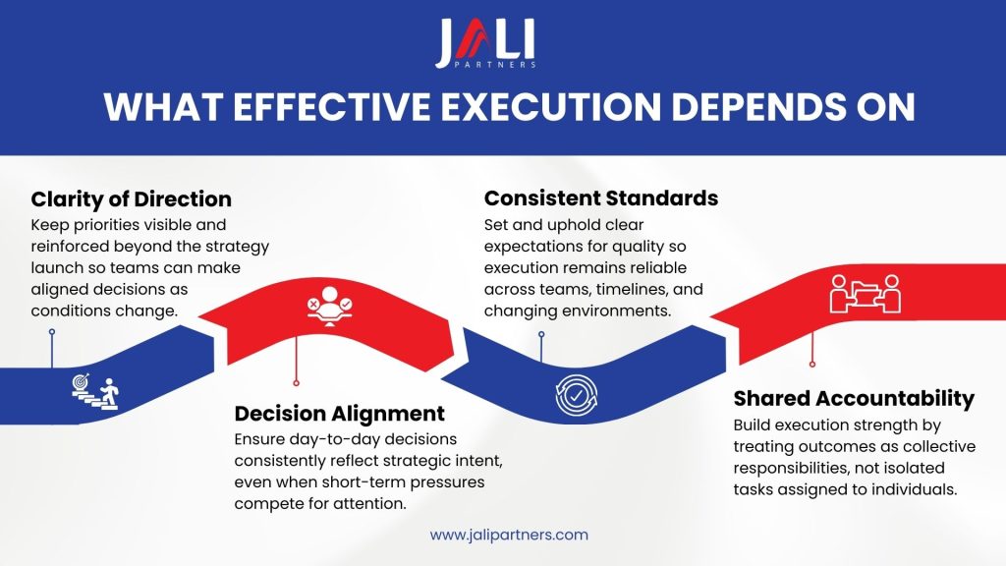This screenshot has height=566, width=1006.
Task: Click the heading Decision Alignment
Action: (339, 413)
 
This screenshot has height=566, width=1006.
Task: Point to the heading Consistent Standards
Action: (601, 198)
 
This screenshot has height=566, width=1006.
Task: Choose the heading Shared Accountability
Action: (854, 398)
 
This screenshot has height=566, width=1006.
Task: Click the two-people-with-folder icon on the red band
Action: (866, 293)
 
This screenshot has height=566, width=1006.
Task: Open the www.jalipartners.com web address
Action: (509, 535)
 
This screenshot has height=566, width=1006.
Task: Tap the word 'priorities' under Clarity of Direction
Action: (103, 224)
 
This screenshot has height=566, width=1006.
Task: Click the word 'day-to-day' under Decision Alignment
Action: (329, 438)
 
